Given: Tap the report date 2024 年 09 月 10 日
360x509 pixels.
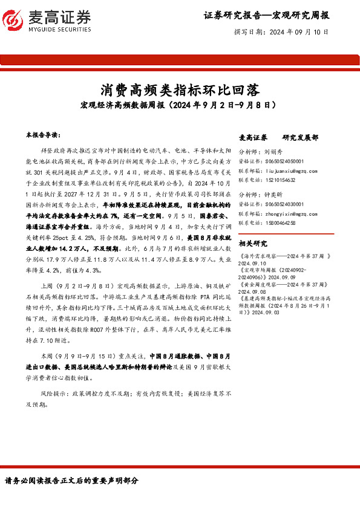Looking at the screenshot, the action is pos(298,31).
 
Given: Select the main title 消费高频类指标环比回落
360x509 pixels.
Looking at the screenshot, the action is pos(180,91).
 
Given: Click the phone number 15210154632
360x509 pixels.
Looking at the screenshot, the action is pos(283,180).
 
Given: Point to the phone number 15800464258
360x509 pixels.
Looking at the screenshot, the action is pos(283,222).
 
